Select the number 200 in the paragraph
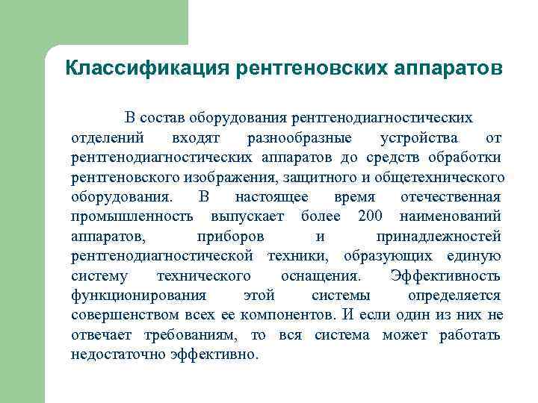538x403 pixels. click(x=371, y=216)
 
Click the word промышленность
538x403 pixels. click(x=132, y=216)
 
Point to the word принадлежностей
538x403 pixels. click(x=439, y=237)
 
